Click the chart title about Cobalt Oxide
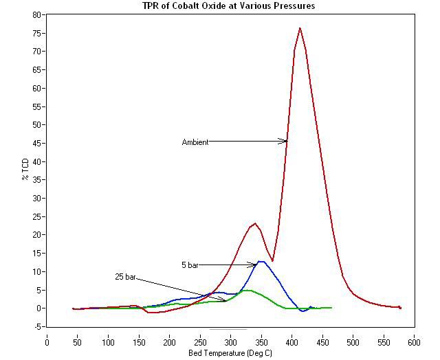[220, 6]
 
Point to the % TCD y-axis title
[25, 168]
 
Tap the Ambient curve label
[195, 142]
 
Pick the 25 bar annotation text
[126, 277]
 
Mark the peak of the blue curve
[261, 261]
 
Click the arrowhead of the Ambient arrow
[285, 141]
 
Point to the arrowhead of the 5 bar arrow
[256, 265]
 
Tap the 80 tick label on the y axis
[36, 14]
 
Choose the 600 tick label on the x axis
[415, 339]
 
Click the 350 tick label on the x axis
[261, 339]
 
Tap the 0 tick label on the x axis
[47, 339]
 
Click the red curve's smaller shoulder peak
[255, 223]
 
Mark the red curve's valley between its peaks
[272, 260]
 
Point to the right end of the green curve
[331, 307]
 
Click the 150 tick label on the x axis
[139, 339]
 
